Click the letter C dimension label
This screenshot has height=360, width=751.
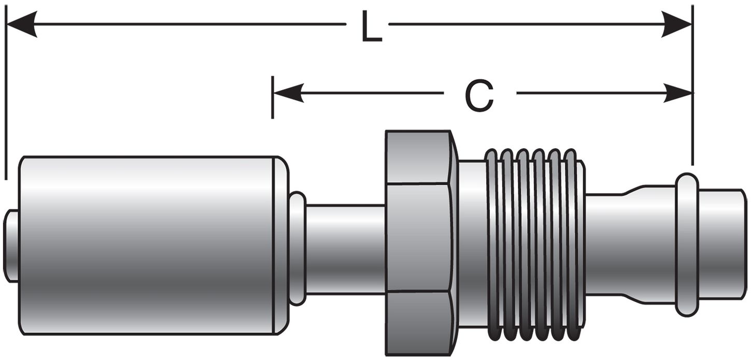click(479, 96)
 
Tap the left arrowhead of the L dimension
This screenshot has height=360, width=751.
click(21, 24)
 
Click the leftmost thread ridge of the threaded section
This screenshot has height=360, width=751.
click(491, 243)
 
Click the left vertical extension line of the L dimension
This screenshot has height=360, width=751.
click(6, 104)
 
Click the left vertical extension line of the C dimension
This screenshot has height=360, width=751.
click(273, 98)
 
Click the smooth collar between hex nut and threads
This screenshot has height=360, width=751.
click(471, 243)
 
